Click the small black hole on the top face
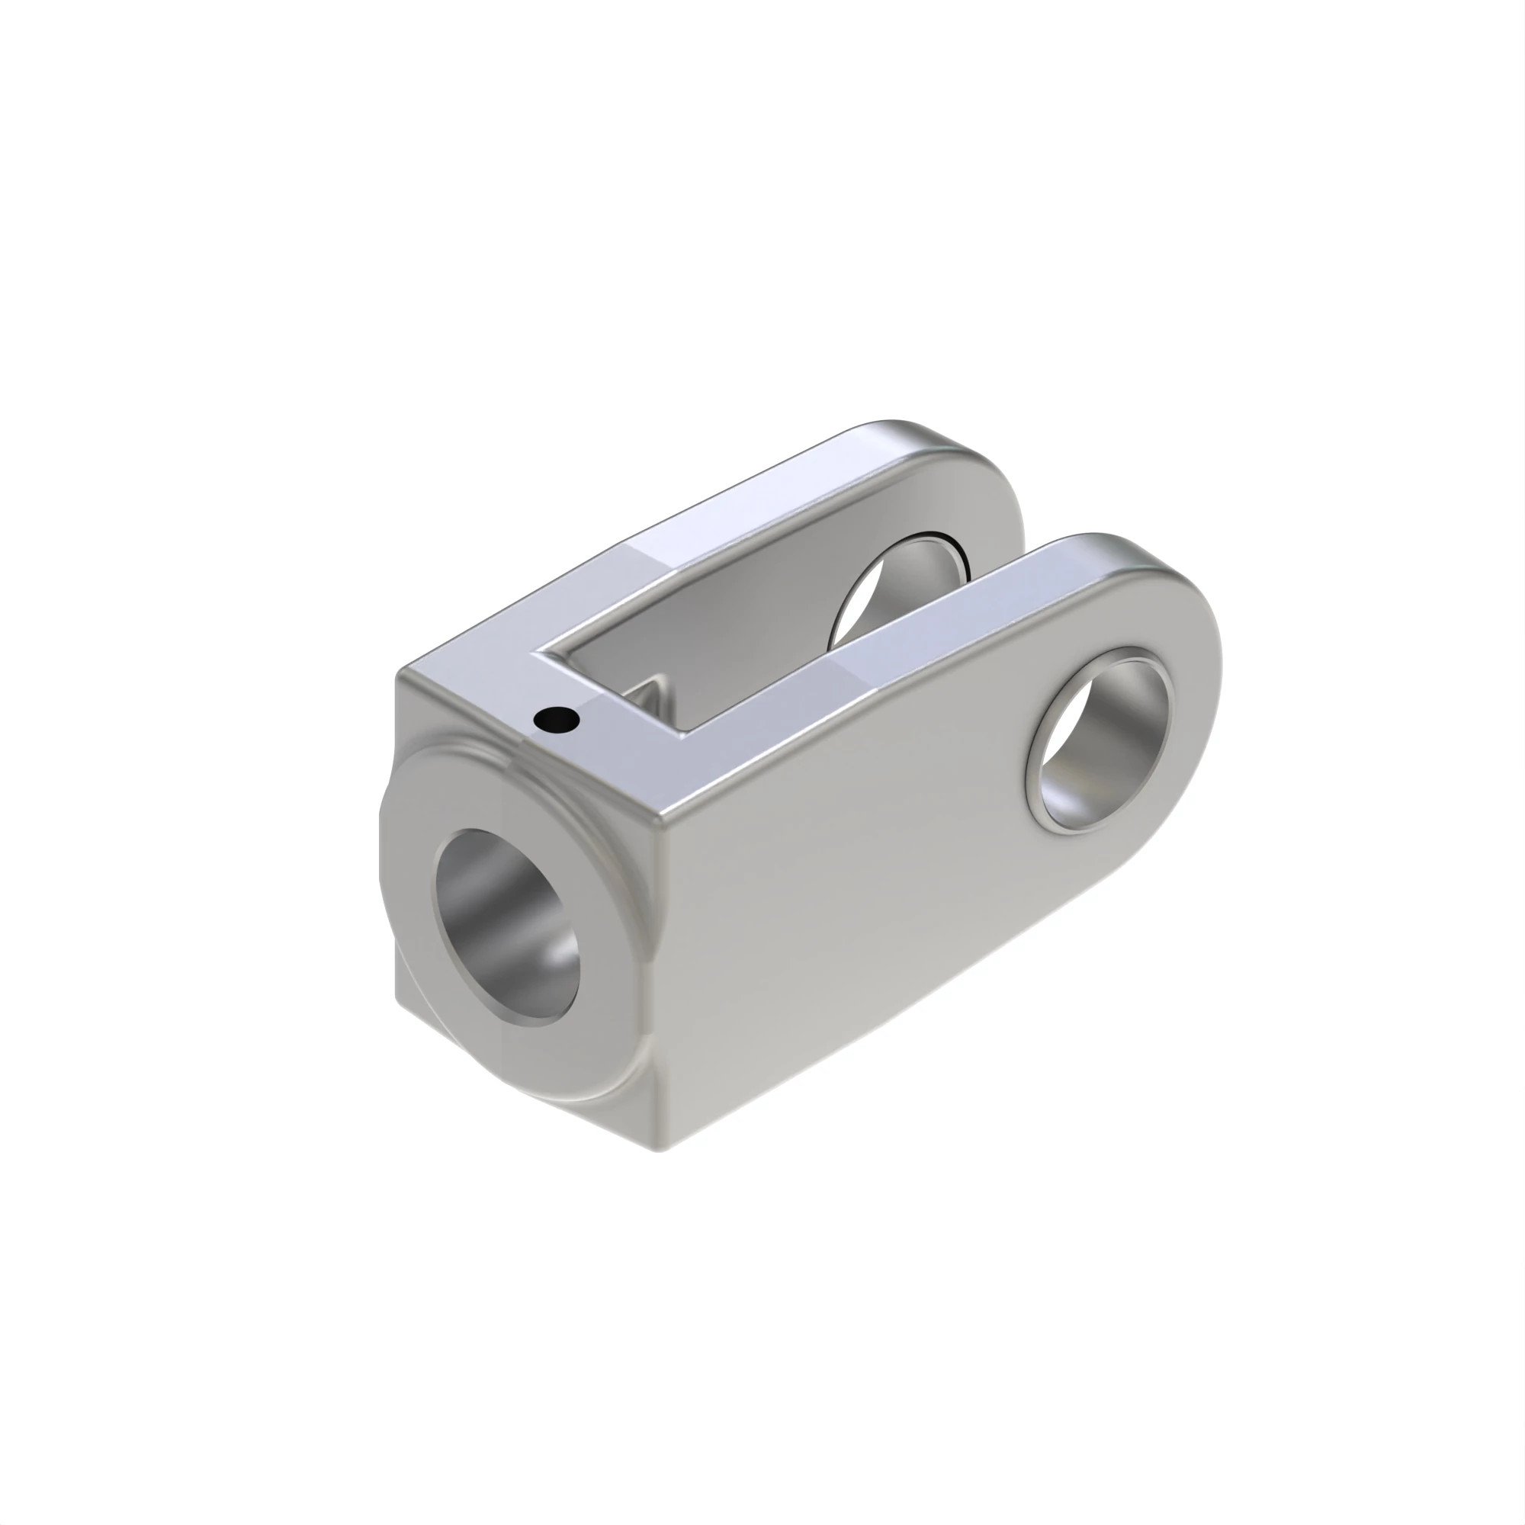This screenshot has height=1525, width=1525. pyautogui.click(x=557, y=718)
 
